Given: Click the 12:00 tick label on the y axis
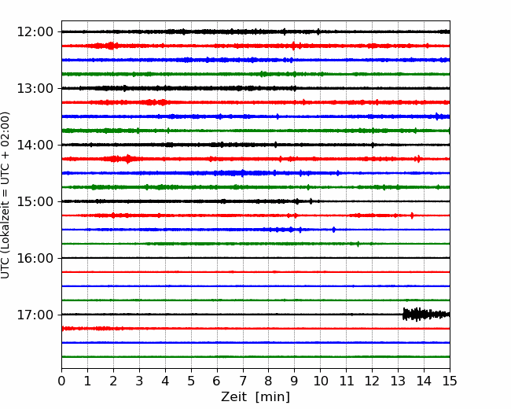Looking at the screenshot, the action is click(x=35, y=32).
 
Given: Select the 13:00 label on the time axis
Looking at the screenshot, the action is click(x=35, y=88).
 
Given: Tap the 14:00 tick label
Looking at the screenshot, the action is click(x=35, y=145).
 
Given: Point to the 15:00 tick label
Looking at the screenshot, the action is click(x=35, y=201).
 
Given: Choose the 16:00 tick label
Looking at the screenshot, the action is click(x=35, y=258).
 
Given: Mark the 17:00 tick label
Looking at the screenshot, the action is click(x=35, y=315).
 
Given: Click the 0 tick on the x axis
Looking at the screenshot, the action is click(x=61, y=381).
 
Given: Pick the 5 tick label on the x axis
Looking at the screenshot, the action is click(x=191, y=381).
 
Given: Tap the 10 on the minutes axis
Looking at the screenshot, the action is click(x=320, y=381).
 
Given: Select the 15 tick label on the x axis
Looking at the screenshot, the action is click(x=450, y=381).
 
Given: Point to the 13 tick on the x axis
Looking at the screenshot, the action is click(x=398, y=381).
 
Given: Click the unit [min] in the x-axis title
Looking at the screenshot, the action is click(x=273, y=397).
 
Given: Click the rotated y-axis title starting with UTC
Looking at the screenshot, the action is click(x=5, y=195).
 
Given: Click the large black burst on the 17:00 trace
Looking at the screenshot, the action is click(x=426, y=315).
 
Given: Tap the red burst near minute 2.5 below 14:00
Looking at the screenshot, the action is click(x=127, y=159).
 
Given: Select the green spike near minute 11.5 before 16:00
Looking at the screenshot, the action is click(x=358, y=244).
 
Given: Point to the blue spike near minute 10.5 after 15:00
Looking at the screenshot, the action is click(x=333, y=230).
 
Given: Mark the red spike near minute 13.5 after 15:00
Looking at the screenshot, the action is click(x=412, y=216).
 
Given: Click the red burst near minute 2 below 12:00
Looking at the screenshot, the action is click(x=111, y=46).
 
